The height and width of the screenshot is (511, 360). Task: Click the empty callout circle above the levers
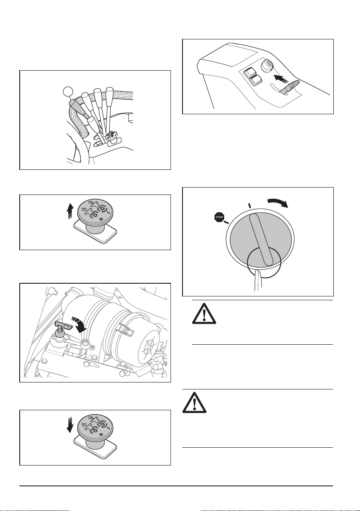[68, 92]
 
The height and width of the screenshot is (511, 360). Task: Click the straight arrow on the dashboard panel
[281, 80]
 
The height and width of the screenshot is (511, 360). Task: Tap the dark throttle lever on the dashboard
[289, 87]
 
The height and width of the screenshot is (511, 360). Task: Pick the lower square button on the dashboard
[255, 81]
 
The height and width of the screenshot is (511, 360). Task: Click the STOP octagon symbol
[219, 217]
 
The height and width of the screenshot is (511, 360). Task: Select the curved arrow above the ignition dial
[278, 203]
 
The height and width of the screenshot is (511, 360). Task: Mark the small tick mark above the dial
[249, 205]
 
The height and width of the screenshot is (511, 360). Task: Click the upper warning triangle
[204, 313]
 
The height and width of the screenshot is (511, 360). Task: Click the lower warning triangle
[194, 403]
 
